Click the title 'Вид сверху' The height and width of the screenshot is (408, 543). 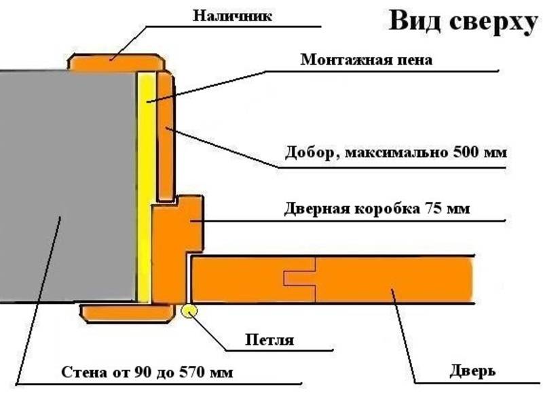click(x=464, y=22)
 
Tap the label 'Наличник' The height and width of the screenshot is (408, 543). click(x=232, y=16)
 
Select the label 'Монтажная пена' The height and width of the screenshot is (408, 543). click(x=367, y=60)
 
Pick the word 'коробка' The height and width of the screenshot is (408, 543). click(x=383, y=209)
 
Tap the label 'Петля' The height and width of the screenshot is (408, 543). click(x=269, y=339)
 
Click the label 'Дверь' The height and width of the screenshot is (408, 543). click(x=472, y=371)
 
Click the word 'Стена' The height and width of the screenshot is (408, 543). click(x=83, y=372)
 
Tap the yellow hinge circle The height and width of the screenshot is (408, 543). click(x=189, y=311)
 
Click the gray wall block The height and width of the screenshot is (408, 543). click(x=67, y=186)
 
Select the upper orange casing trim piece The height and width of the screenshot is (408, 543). click(x=116, y=63)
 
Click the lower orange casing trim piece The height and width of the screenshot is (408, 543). click(x=127, y=313)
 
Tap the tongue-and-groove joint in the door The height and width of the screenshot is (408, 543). click(x=300, y=278)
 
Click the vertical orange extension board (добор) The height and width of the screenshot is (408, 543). click(x=165, y=137)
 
